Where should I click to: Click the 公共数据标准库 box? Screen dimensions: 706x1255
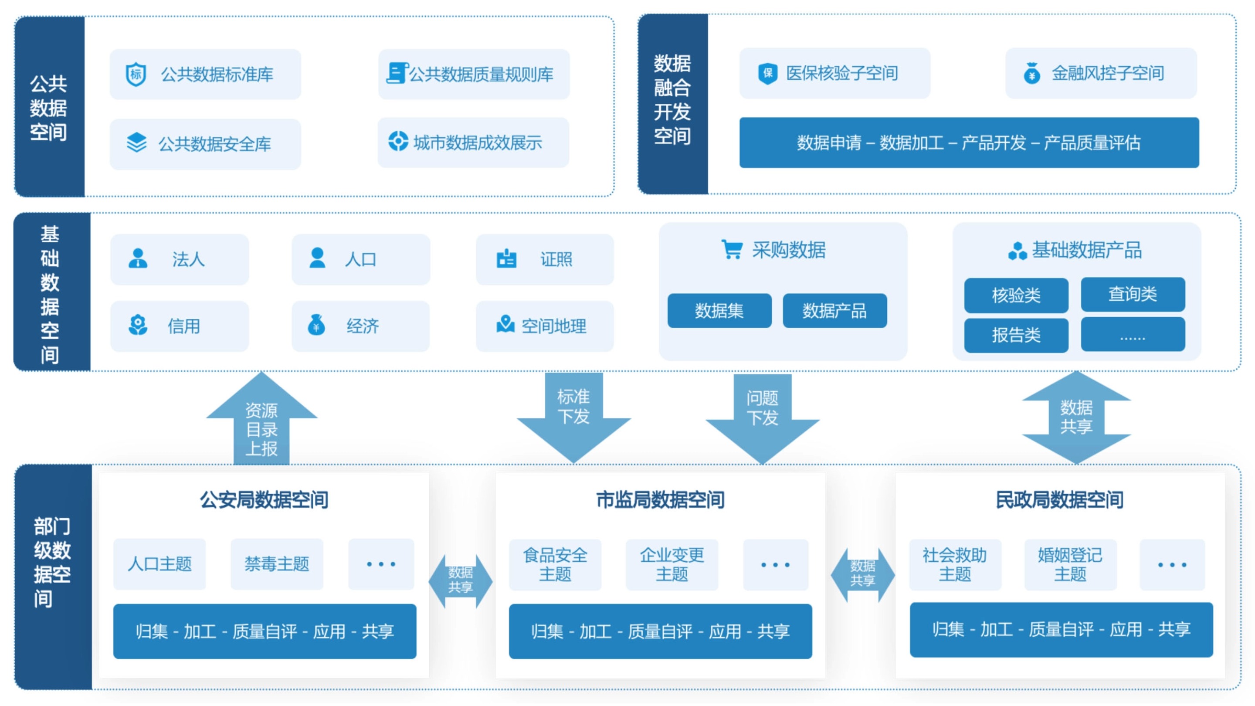(205, 75)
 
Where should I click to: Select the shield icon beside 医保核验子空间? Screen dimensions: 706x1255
(767, 74)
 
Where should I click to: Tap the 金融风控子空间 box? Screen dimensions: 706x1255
(1101, 74)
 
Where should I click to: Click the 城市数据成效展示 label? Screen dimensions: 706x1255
(478, 143)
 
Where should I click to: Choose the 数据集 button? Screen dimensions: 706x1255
(719, 311)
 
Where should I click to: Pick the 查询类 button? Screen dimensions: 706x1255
(1133, 294)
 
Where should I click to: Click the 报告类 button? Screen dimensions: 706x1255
(1016, 335)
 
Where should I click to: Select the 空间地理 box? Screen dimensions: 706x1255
(545, 326)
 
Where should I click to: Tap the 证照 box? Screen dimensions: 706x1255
(545, 259)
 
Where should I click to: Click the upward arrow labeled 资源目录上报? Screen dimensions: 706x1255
(261, 424)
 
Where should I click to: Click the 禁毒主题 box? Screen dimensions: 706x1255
(277, 564)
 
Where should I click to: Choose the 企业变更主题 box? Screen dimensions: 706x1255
(672, 565)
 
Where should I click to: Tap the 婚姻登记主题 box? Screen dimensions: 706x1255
(1070, 565)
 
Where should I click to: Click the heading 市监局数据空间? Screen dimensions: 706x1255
(660, 500)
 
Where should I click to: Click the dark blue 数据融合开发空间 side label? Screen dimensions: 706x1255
(672, 104)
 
